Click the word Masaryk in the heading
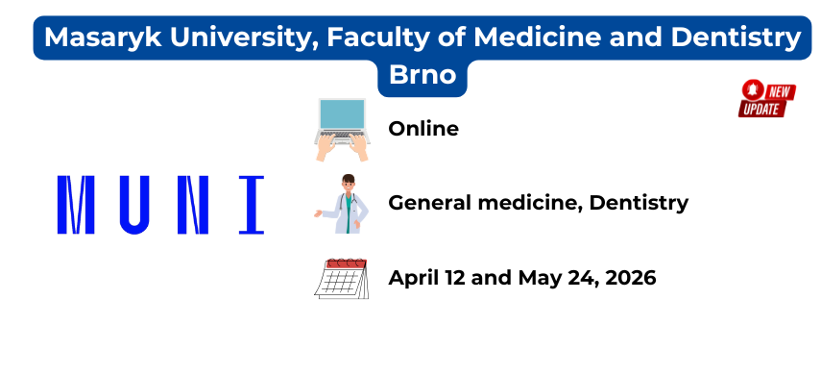pyautogui.click(x=103, y=37)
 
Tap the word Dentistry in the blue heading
pyautogui.click(x=736, y=37)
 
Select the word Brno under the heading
pyautogui.click(x=423, y=75)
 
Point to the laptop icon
pyautogui.click(x=342, y=130)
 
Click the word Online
pyautogui.click(x=423, y=129)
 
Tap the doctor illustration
pyautogui.click(x=342, y=204)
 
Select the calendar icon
pyautogui.click(x=342, y=279)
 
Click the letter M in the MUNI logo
pyautogui.click(x=76, y=205)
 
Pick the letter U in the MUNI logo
pyautogui.click(x=134, y=205)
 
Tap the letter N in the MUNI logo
pyautogui.click(x=193, y=205)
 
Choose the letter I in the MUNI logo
pyautogui.click(x=252, y=205)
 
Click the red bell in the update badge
pyautogui.click(x=753, y=89)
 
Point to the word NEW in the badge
pyautogui.click(x=780, y=92)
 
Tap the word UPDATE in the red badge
pyautogui.click(x=761, y=109)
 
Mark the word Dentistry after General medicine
pyautogui.click(x=639, y=203)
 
